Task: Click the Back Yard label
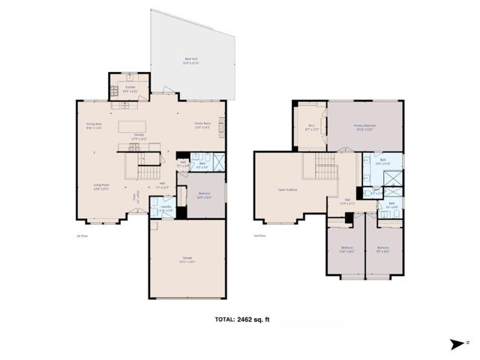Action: [x=191, y=61]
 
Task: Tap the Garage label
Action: [x=186, y=260]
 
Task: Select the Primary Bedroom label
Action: [x=364, y=127]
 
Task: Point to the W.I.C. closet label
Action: [x=310, y=127]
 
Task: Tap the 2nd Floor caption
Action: [x=260, y=235]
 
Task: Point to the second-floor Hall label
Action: [x=347, y=200]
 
